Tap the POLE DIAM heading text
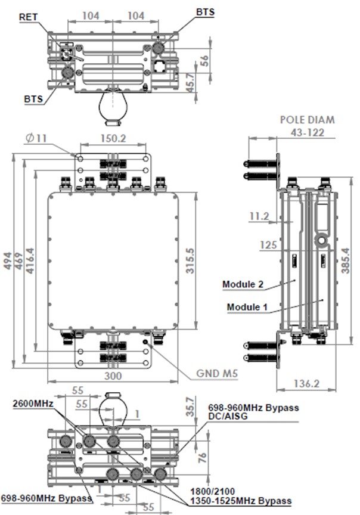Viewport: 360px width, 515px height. (307, 119)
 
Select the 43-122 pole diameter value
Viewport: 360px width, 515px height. (308, 132)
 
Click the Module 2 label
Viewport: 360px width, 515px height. (243, 284)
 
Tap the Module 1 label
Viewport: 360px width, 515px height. (247, 307)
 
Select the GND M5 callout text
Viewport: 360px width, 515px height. (218, 374)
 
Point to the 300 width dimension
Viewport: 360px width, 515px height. (113, 376)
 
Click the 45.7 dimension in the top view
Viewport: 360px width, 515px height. (205, 82)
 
